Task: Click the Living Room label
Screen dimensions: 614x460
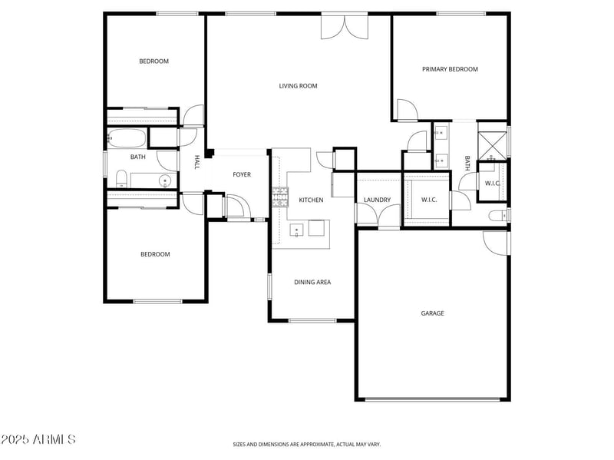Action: click(298, 86)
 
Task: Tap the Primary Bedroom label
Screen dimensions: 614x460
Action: click(450, 69)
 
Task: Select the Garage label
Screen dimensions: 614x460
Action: click(432, 313)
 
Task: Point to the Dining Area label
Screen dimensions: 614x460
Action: click(312, 282)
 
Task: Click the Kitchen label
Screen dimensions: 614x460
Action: click(311, 200)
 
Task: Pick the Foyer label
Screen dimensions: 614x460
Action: click(242, 174)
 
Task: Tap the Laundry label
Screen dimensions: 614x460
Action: click(377, 200)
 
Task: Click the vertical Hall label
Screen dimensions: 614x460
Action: click(197, 162)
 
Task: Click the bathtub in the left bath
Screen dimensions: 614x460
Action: click(127, 138)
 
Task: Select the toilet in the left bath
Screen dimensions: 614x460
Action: click(122, 179)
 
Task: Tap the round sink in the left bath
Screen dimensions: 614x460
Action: click(165, 180)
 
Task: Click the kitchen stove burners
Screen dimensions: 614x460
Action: click(280, 197)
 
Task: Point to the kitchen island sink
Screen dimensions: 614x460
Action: click(296, 230)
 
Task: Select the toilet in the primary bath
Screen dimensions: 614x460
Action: click(498, 215)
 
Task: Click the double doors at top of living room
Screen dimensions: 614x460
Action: click(345, 27)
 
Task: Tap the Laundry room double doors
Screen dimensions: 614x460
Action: click(378, 215)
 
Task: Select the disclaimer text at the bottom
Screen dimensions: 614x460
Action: click(306, 445)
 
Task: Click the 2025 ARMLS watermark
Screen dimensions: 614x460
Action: click(38, 439)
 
